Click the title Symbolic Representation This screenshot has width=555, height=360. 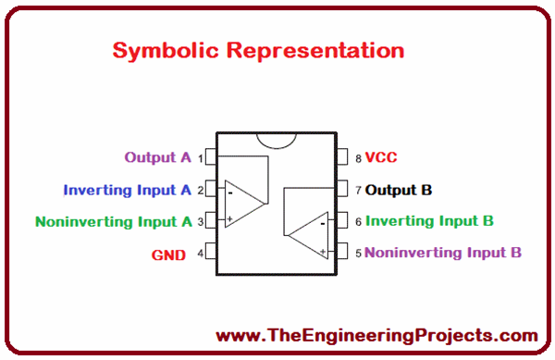point(258,50)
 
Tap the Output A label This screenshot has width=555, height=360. point(157,157)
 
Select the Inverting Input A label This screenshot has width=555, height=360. point(127,190)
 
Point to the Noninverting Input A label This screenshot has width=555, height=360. point(113,221)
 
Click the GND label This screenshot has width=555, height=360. point(169,254)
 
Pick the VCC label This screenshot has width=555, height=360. point(381,158)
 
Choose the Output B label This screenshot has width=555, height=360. point(399,191)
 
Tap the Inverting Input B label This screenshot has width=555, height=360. point(429,221)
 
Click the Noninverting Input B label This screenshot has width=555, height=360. point(443,252)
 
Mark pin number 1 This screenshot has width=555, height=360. point(200,159)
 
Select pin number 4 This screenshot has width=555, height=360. point(200,253)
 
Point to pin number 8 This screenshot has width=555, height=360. point(357,159)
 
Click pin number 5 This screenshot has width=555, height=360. point(357,253)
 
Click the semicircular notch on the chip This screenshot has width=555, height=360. point(277,138)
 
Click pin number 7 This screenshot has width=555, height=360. point(357,191)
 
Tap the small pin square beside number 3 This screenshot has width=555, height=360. point(211,220)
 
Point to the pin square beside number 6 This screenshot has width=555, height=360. point(341,221)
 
